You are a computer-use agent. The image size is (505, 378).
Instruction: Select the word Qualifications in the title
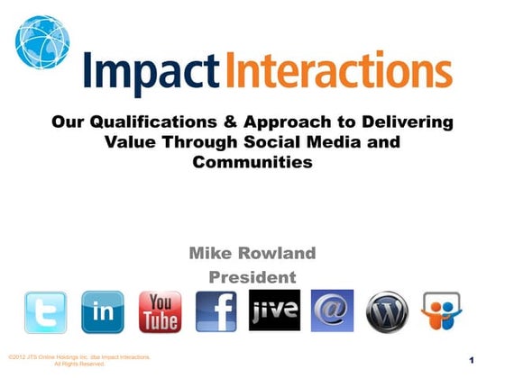click(x=152, y=122)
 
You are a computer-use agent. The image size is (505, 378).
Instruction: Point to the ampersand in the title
click(x=226, y=122)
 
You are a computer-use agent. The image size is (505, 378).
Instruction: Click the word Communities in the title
click(x=252, y=162)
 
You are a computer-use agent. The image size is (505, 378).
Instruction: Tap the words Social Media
click(x=312, y=142)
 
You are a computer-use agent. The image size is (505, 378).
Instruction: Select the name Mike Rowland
click(x=252, y=254)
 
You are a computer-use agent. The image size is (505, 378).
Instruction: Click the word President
click(x=252, y=276)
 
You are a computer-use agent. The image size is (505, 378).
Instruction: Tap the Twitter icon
click(x=45, y=312)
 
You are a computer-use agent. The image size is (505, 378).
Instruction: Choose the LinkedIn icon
click(x=102, y=312)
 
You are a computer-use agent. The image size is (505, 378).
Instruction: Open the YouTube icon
click(x=160, y=312)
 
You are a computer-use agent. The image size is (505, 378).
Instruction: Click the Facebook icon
click(x=216, y=312)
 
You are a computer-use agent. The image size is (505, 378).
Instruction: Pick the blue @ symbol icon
click(x=332, y=310)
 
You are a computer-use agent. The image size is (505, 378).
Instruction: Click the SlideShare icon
click(x=443, y=312)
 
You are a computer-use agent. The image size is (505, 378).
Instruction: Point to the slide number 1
click(x=472, y=361)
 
